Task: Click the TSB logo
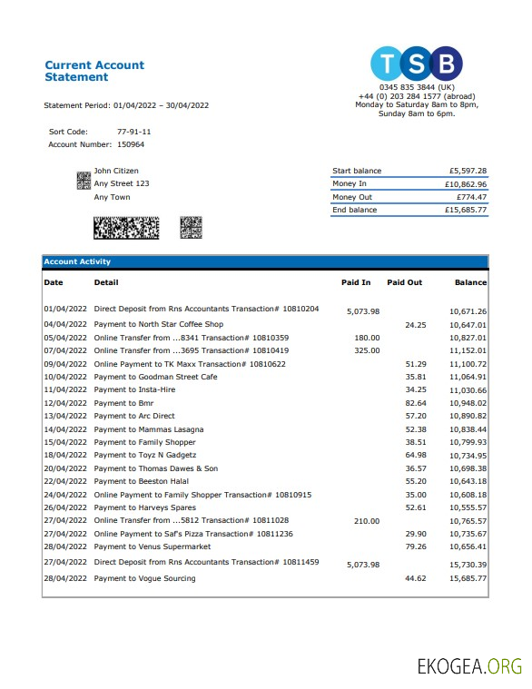click(x=417, y=64)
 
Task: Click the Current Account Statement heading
click(x=94, y=71)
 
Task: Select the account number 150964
click(x=131, y=144)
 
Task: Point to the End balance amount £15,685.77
click(x=468, y=210)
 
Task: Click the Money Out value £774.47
click(x=471, y=197)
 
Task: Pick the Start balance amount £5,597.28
click(x=468, y=171)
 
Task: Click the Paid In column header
click(x=356, y=282)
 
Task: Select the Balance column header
click(x=470, y=282)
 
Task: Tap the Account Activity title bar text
click(x=77, y=262)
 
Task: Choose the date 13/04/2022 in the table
click(x=65, y=417)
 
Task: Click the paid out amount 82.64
click(x=415, y=403)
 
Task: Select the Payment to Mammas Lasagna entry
click(x=148, y=429)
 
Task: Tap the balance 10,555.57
click(x=468, y=507)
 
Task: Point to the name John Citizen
click(x=116, y=171)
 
